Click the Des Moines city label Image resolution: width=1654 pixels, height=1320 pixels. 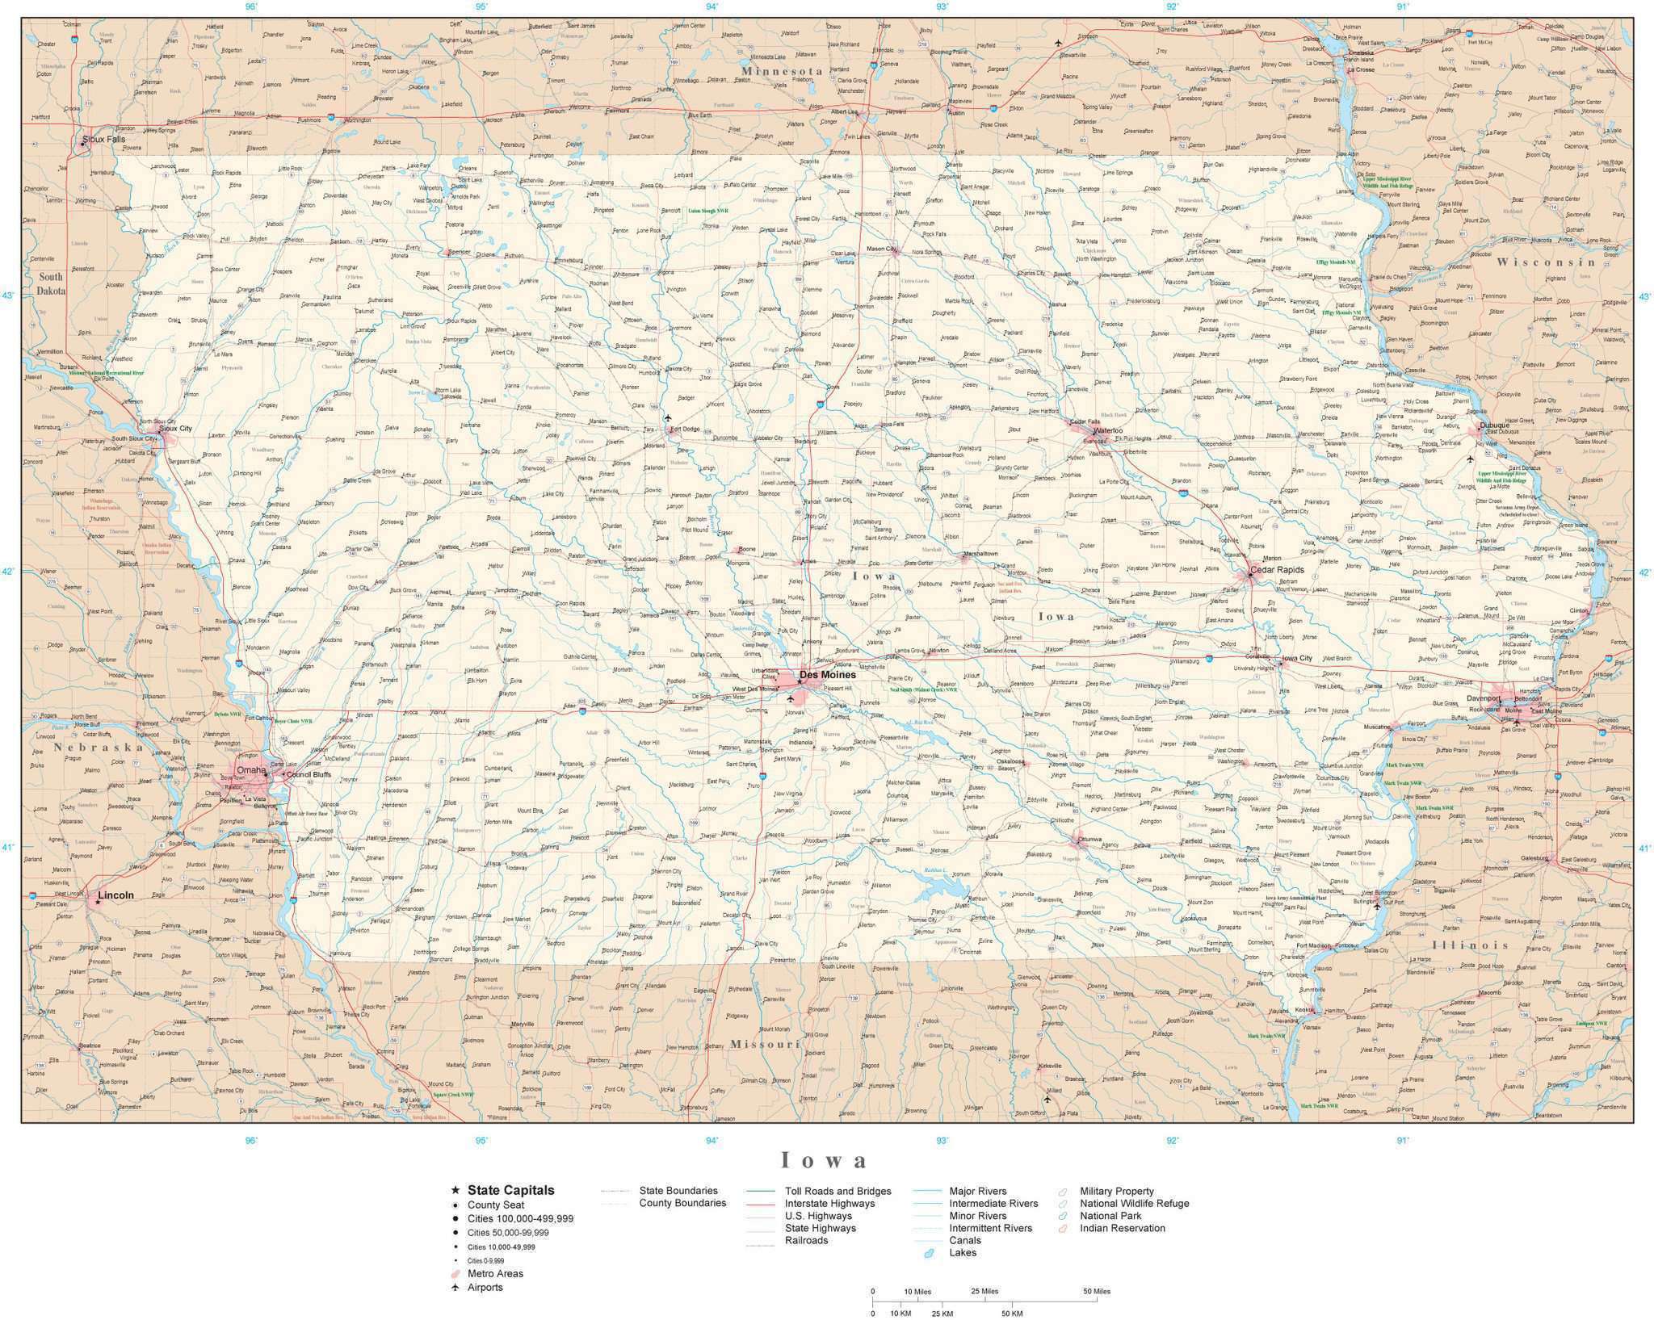(827, 674)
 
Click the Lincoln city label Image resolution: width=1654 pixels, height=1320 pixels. (115, 895)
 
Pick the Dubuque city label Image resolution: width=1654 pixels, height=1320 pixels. (1493, 425)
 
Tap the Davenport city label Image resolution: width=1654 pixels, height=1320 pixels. (1484, 698)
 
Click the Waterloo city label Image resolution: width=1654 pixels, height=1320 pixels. (1107, 430)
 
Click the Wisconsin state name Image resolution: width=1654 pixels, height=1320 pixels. (1546, 262)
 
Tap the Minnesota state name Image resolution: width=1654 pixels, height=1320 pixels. (781, 71)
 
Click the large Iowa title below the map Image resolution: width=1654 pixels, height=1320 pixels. (824, 1161)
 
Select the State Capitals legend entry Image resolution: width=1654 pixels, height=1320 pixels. (510, 1190)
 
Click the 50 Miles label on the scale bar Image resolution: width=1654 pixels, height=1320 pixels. (1096, 1291)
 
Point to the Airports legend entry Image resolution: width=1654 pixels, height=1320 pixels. (485, 1287)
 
